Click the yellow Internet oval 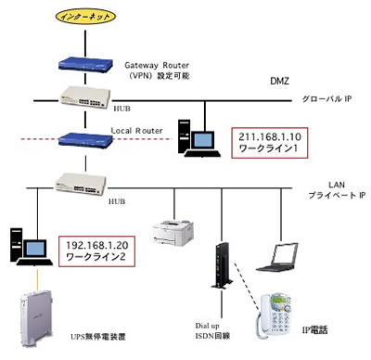(x=85, y=16)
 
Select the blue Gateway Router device (x=85, y=64)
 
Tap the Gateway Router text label (x=157, y=65)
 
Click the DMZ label (x=279, y=81)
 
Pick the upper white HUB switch (x=85, y=97)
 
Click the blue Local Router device (x=85, y=139)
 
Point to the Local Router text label (x=136, y=131)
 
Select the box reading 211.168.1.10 (x=270, y=143)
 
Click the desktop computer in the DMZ (x=198, y=138)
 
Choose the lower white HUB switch (x=81, y=185)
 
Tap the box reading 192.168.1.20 (x=96, y=251)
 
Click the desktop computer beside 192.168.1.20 (x=31, y=247)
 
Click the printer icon (x=173, y=232)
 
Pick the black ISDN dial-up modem (x=222, y=265)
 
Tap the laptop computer (x=277, y=257)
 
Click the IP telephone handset (x=275, y=317)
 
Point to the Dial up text (x=207, y=326)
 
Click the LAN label (x=337, y=185)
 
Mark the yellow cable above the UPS (x=38, y=279)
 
